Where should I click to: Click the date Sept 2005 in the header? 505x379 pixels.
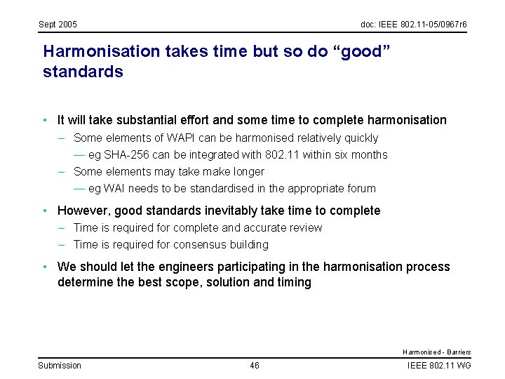pyautogui.click(x=58, y=25)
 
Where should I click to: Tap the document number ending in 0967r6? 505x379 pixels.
pyautogui.click(x=414, y=25)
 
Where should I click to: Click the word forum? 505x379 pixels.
pyautogui.click(x=361, y=188)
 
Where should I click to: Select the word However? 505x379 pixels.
pyautogui.click(x=83, y=211)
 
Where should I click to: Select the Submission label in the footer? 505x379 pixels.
pyautogui.click(x=60, y=365)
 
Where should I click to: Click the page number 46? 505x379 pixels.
pyautogui.click(x=254, y=365)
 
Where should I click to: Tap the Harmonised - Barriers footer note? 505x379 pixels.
pyautogui.click(x=436, y=352)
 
